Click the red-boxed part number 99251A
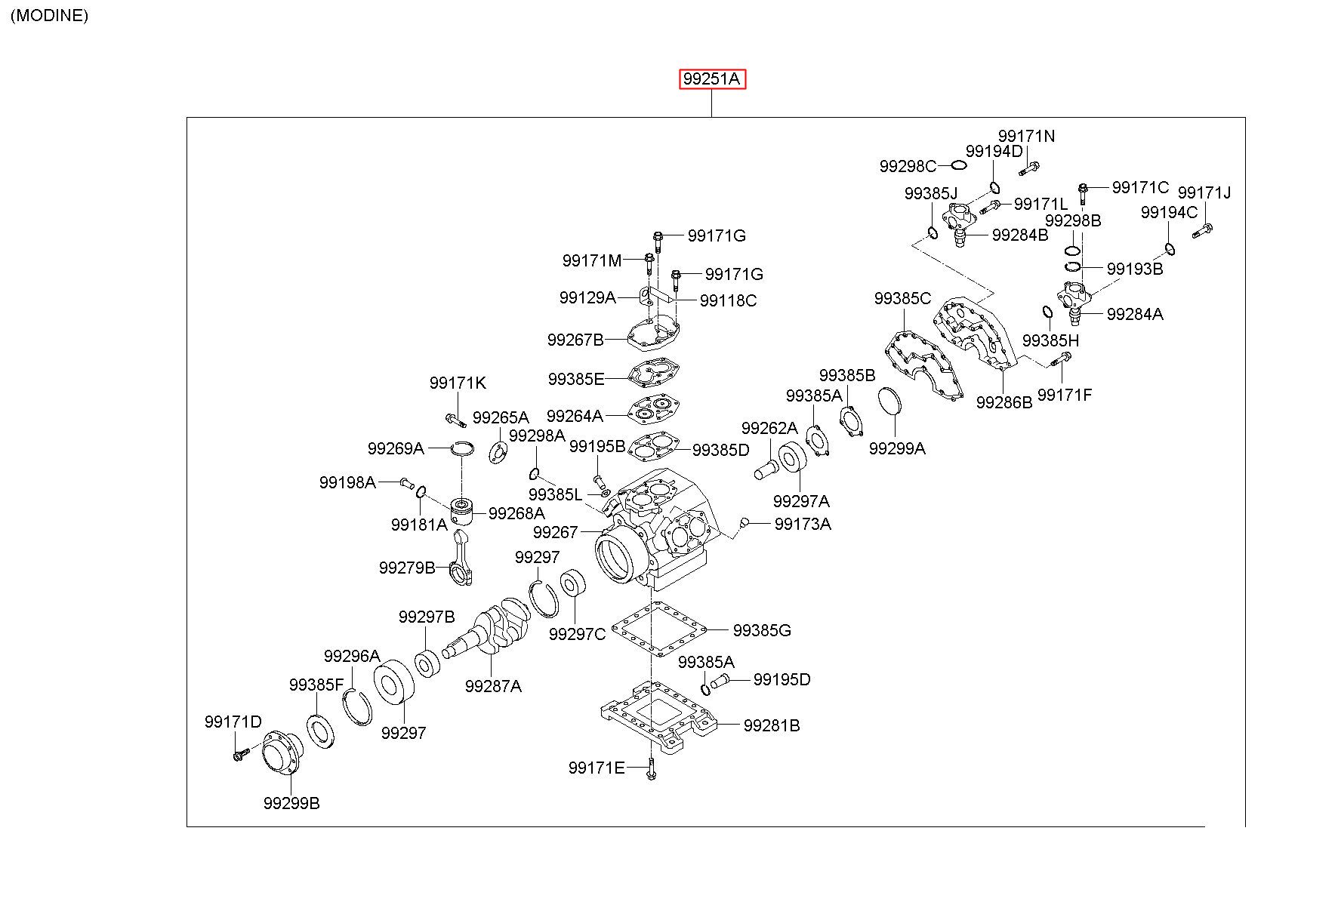(x=712, y=79)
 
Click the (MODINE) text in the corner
(x=50, y=15)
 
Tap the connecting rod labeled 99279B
(x=462, y=558)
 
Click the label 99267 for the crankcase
(x=555, y=532)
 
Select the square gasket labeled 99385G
(x=658, y=629)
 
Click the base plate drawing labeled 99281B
(x=656, y=720)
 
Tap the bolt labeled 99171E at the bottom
(x=652, y=770)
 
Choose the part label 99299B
(x=291, y=803)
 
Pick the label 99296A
(x=352, y=656)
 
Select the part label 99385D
(x=720, y=450)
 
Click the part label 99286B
(x=1003, y=402)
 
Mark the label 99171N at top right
(x=1026, y=136)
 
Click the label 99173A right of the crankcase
(x=802, y=524)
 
